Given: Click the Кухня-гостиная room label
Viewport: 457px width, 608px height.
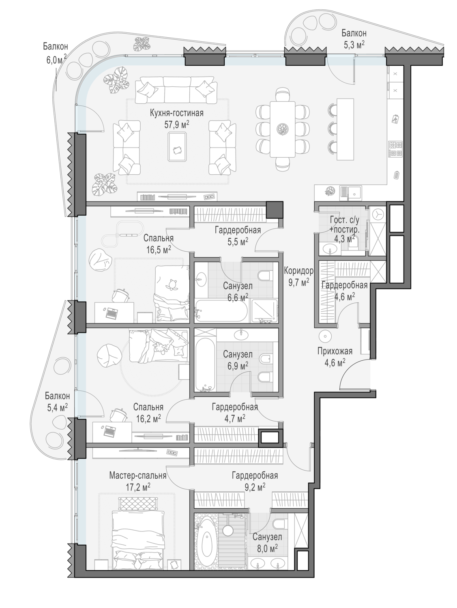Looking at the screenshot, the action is pyautogui.click(x=176, y=113).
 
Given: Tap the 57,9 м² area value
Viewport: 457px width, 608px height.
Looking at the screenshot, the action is pyautogui.click(x=176, y=124).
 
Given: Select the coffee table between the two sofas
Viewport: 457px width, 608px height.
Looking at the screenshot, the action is pyautogui.click(x=177, y=147).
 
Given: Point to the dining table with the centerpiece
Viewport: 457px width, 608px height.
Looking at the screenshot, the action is pyautogui.click(x=283, y=129).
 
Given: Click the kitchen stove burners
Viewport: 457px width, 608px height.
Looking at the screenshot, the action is pyautogui.click(x=395, y=149).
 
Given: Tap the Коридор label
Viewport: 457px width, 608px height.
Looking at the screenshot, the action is pyautogui.click(x=298, y=271).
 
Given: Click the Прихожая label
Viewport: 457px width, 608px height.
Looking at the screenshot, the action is pyautogui.click(x=335, y=351).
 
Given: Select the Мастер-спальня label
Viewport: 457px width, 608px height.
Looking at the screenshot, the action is pyautogui.click(x=137, y=475).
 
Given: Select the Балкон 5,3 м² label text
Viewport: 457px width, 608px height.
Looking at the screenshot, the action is pyautogui.click(x=354, y=39).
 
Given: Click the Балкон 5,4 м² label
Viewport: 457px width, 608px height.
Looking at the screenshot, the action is pyautogui.click(x=57, y=402).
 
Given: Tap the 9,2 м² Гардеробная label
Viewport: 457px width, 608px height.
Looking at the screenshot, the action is pyautogui.click(x=255, y=481).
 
